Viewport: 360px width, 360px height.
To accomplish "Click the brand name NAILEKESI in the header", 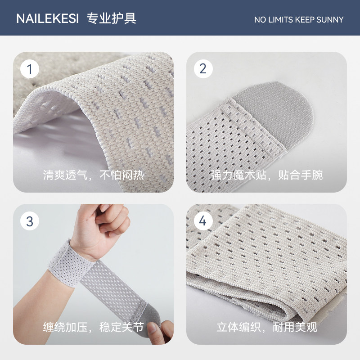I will [47, 18].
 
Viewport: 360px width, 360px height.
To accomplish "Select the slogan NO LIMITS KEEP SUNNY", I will [298, 19].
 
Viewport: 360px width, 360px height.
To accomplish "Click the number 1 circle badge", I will [30, 69].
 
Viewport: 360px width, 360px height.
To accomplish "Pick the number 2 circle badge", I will [203, 69].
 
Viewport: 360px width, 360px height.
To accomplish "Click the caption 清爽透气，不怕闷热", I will [93, 175].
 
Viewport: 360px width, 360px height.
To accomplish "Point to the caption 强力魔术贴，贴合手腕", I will [266, 175].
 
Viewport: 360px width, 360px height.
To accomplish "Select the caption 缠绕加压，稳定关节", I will [93, 326].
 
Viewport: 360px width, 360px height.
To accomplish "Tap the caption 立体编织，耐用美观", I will [266, 326].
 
